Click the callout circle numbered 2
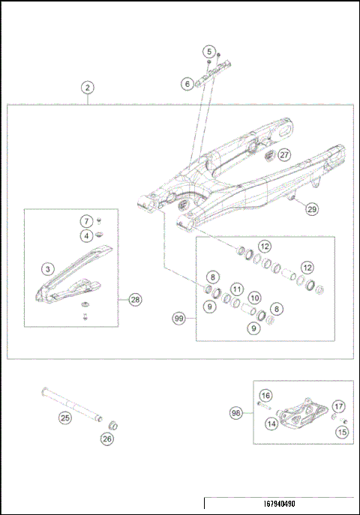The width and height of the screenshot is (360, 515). [x=88, y=88]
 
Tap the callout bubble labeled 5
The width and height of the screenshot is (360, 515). [x=208, y=52]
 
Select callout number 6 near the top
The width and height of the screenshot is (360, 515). [x=187, y=85]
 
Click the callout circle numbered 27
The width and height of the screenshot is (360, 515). [x=283, y=154]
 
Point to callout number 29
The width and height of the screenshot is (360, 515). [x=312, y=210]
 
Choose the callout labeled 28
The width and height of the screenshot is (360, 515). [x=135, y=300]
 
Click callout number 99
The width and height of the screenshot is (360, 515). [x=178, y=319]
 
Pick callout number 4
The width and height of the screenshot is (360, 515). [x=87, y=235]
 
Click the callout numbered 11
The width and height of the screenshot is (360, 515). [x=236, y=289]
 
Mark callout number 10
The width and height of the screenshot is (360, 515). [x=255, y=298]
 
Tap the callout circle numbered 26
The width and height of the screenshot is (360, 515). [x=106, y=439]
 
